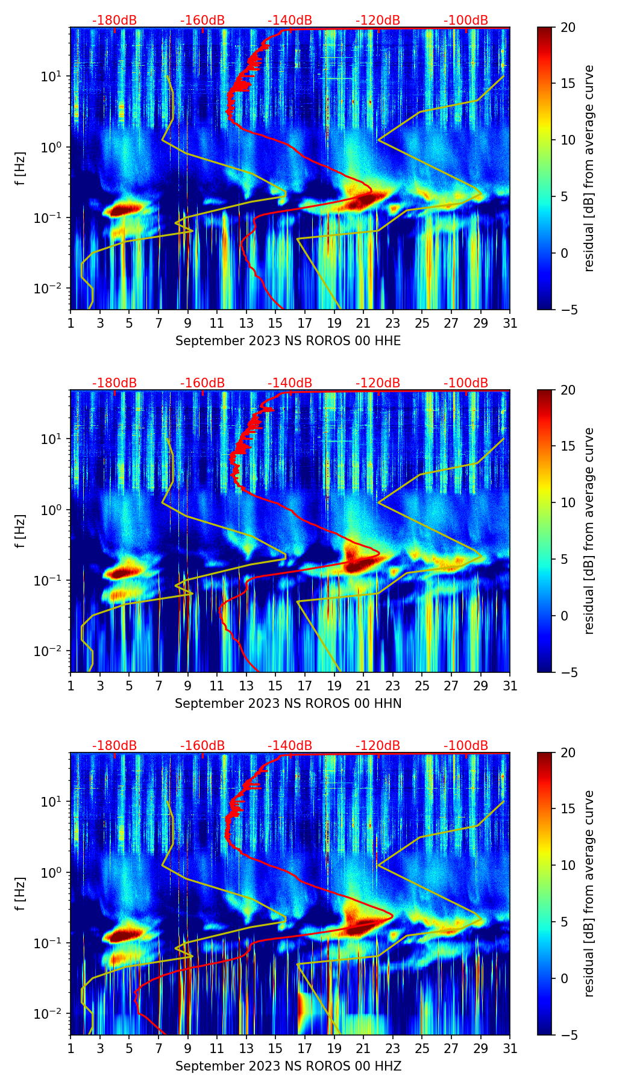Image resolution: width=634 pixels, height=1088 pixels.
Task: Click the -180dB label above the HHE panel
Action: (x=115, y=20)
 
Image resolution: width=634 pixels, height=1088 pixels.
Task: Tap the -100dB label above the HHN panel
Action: (x=466, y=383)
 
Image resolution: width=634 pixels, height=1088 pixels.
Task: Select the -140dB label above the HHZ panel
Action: (x=290, y=746)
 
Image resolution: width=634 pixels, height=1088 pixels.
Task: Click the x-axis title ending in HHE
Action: (x=288, y=341)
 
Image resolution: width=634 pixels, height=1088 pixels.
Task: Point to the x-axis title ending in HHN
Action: (x=288, y=704)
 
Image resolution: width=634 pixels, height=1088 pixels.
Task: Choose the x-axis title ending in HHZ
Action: (x=288, y=1066)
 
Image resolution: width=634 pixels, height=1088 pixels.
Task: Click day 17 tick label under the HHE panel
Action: (x=305, y=323)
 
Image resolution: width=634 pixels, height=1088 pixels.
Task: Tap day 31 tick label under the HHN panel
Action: (x=510, y=686)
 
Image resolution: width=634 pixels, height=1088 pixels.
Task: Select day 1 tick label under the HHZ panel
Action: (x=71, y=1048)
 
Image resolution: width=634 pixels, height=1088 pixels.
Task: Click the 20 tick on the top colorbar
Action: (x=568, y=27)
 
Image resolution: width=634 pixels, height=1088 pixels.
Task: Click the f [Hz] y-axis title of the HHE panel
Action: (x=20, y=169)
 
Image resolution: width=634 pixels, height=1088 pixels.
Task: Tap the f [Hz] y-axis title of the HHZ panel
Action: (x=20, y=894)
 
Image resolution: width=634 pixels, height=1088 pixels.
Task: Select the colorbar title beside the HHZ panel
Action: (x=589, y=893)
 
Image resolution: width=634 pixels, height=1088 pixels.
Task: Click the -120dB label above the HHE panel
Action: (x=378, y=20)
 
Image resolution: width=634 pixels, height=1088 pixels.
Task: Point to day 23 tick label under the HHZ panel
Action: (x=393, y=1048)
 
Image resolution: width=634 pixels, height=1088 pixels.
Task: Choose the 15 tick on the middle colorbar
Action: (x=568, y=446)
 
